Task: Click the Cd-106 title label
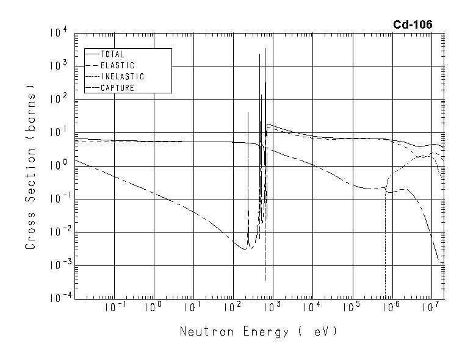(x=413, y=25)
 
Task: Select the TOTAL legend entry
(x=112, y=54)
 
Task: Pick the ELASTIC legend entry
(x=117, y=65)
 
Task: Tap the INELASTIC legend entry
(x=122, y=77)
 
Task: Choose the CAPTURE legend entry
(x=117, y=88)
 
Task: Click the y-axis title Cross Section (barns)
(x=30, y=171)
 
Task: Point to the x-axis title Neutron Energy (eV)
(x=258, y=332)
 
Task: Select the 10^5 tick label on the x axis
(x=353, y=307)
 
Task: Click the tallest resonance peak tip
(x=265, y=49)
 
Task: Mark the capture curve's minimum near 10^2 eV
(x=242, y=248)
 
